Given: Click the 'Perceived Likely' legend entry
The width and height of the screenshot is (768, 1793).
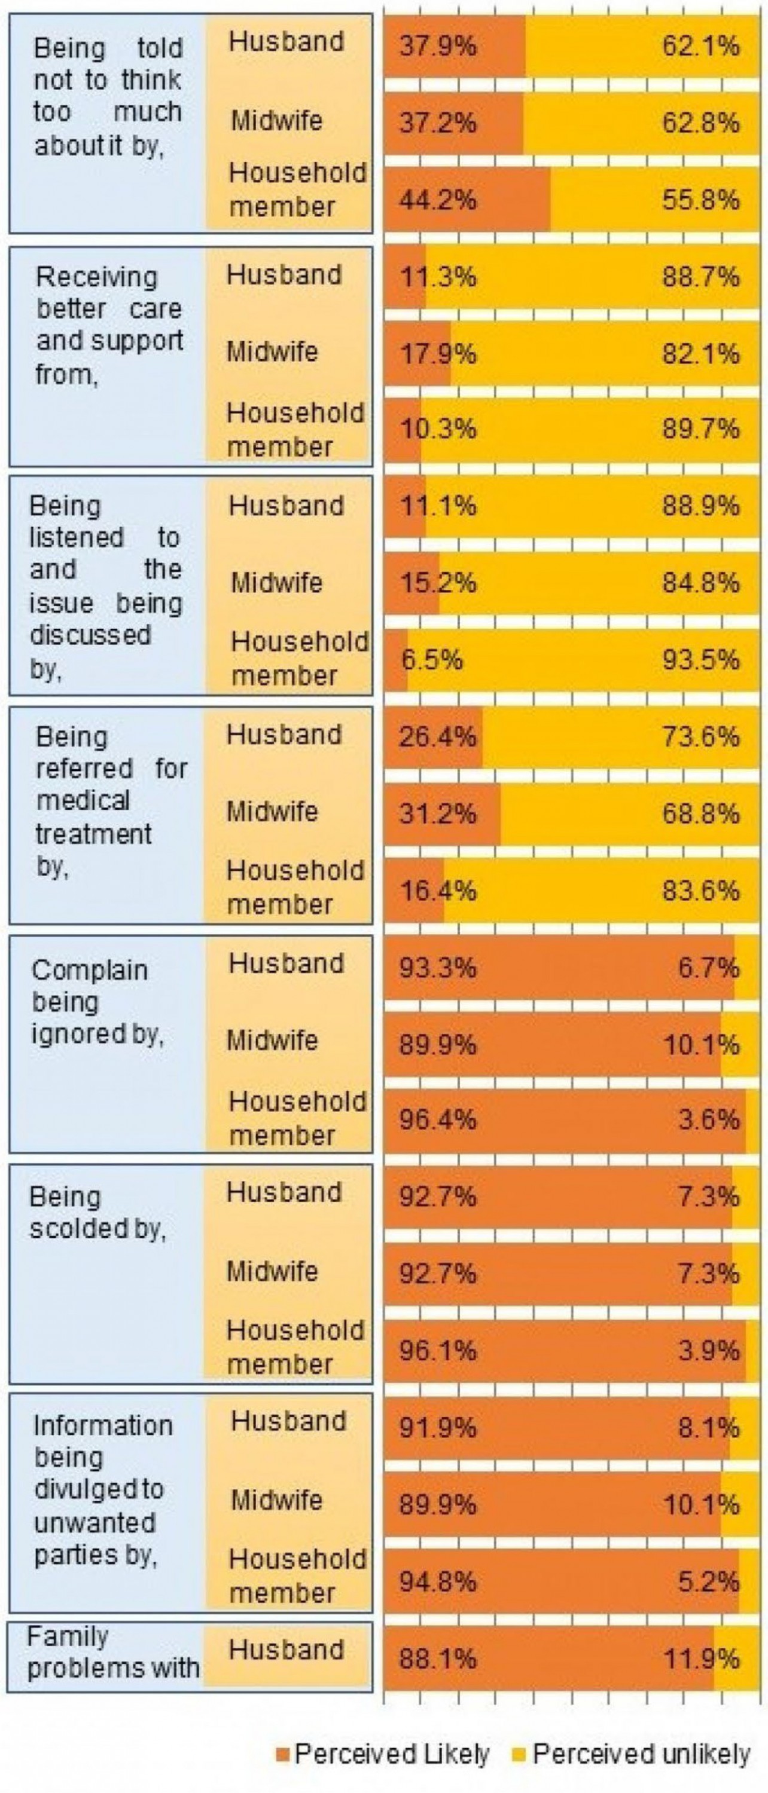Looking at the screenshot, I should [383, 1755].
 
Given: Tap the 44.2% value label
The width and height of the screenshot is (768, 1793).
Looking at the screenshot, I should [437, 200].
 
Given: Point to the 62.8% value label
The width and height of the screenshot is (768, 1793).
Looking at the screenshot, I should [700, 123].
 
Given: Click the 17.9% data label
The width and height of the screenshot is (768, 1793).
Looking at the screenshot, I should [437, 354].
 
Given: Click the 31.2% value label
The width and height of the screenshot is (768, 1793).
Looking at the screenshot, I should [437, 813].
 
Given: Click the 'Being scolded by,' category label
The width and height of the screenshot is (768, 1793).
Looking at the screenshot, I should [97, 1213].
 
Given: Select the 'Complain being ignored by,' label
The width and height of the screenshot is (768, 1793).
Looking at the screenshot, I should [97, 1002].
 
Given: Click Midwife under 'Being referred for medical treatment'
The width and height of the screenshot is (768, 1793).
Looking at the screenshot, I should [272, 812].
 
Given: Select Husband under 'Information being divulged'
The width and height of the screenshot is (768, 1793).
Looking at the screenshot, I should [288, 1421].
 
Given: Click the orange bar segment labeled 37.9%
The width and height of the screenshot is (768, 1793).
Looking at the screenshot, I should [454, 46].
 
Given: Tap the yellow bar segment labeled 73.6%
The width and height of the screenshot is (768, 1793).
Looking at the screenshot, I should [620, 736].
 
